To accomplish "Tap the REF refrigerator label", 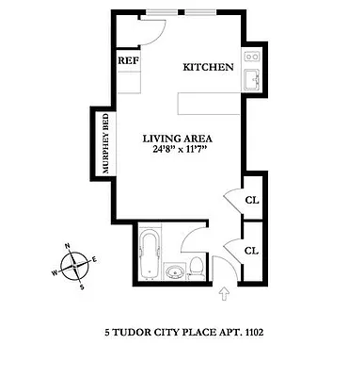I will [127, 61].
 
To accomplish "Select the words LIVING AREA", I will [176, 140].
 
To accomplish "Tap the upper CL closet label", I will [251, 200].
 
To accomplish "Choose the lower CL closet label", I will [251, 251].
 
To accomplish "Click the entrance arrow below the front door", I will [223, 296].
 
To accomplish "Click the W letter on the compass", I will [55, 273].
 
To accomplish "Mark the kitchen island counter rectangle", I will [206, 102].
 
